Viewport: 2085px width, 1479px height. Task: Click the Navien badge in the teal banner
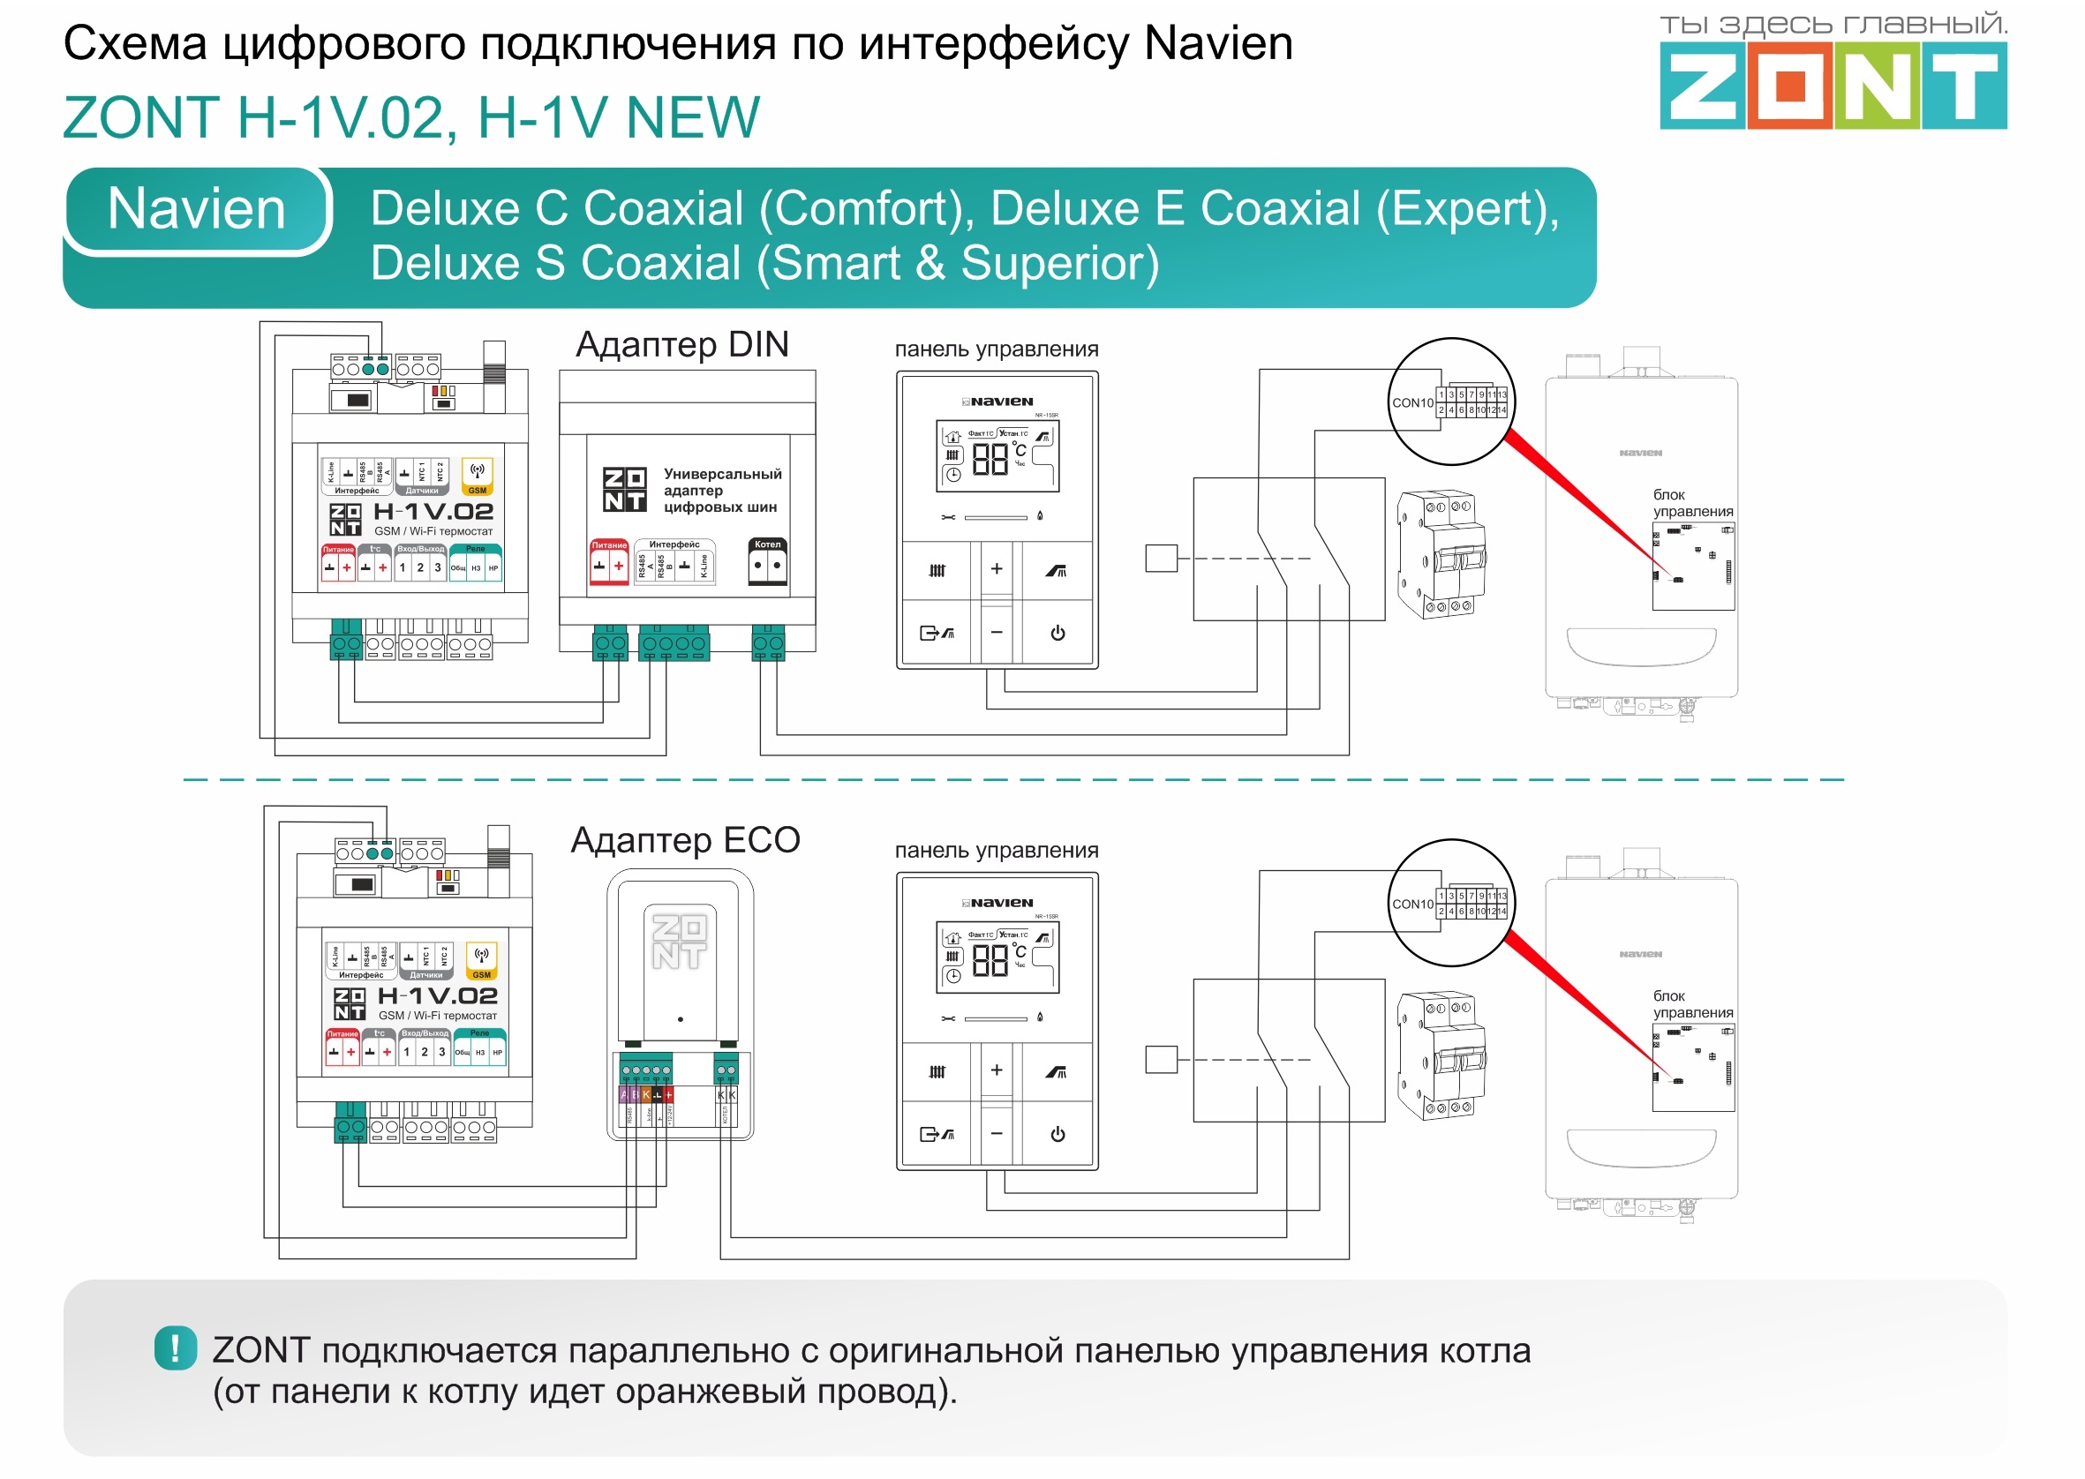point(197,208)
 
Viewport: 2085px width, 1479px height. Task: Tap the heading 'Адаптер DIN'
point(682,345)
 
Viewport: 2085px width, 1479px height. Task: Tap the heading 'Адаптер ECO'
point(685,840)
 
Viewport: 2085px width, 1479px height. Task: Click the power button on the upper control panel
point(1058,633)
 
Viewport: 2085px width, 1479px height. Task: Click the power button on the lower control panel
point(1058,1134)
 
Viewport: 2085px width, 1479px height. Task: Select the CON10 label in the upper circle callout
point(1411,402)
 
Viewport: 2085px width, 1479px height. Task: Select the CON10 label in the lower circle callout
point(1411,904)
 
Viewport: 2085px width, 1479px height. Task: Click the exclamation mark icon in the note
point(175,1348)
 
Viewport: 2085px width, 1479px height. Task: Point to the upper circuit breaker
point(1441,556)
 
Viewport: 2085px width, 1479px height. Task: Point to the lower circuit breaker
point(1441,1056)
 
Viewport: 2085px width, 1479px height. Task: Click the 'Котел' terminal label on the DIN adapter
point(768,544)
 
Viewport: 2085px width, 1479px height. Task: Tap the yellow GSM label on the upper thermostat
point(478,490)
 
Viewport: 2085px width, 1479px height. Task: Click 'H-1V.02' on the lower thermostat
point(437,995)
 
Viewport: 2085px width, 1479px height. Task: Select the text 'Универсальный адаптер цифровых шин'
point(721,490)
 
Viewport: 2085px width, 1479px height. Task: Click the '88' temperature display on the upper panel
point(990,459)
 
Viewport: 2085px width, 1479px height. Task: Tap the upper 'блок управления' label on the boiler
point(1692,503)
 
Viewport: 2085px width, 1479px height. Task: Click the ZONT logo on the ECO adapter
point(679,942)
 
